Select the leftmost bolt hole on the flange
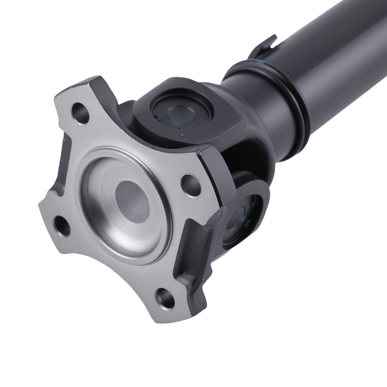pyautogui.click(x=62, y=226)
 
